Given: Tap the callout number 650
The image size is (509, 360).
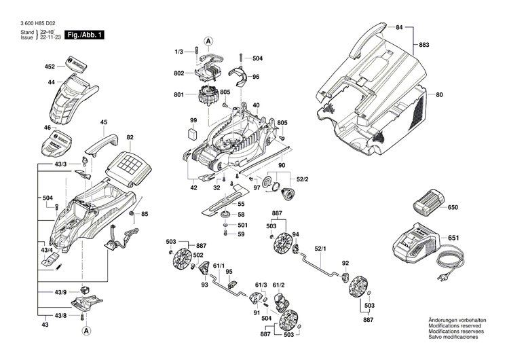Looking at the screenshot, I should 453,206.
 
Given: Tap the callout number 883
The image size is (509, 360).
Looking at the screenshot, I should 424,46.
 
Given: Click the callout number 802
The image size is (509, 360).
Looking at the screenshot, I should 178,73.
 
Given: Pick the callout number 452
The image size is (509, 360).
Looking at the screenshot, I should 50,67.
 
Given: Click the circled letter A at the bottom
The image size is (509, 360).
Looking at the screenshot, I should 87,331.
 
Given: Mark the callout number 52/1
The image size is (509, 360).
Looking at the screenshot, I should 318,249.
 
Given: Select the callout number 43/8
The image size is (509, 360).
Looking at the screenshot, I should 60,316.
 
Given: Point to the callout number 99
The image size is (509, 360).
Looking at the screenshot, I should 193,120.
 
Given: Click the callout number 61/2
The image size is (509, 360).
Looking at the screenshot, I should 278,285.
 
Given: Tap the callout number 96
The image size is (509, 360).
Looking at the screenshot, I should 256,77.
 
